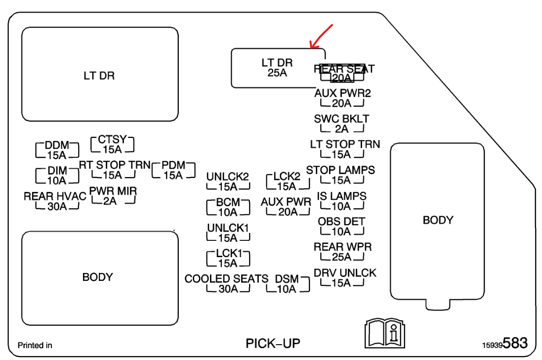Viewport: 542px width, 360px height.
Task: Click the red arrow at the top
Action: pos(321,36)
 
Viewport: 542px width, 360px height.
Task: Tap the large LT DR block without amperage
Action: pos(99,75)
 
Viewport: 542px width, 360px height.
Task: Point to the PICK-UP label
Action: pos(273,343)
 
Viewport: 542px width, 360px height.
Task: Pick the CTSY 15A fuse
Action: pos(113,144)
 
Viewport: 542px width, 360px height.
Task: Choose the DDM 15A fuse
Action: pos(57,150)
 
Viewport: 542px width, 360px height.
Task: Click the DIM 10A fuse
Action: pos(57,175)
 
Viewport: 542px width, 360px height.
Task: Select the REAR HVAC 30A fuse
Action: pos(55,201)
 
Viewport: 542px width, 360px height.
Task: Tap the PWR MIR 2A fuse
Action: pos(113,196)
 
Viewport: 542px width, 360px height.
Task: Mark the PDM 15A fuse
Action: pos(173,170)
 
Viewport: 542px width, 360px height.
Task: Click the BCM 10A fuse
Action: pos(228,207)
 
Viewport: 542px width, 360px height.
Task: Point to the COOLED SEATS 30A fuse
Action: pos(227,284)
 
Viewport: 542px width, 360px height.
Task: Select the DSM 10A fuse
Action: pos(287,284)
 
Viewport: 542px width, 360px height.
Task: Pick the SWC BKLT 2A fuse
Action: pos(341,124)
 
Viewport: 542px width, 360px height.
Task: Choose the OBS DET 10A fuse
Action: pos(341,226)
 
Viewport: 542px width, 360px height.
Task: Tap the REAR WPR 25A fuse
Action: pos(342,252)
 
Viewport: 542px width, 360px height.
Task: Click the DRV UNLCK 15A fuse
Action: pos(344,278)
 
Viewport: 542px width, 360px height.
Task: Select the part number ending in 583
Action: pos(505,343)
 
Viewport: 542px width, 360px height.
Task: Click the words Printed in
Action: pos(35,345)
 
